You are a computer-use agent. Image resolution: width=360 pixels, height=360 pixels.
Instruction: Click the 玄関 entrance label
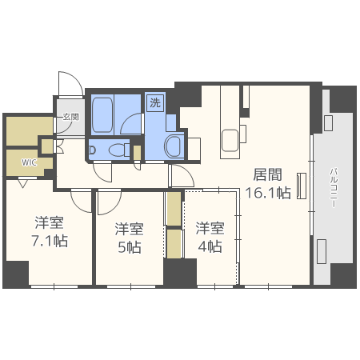point(70,117)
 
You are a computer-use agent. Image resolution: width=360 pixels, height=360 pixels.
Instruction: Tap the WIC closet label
point(29,162)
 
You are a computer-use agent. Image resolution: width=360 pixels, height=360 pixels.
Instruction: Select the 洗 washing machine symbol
point(154,102)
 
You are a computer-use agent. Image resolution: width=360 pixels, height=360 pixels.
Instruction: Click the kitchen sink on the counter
point(230,137)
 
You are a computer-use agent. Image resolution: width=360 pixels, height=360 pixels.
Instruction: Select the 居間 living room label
point(267,174)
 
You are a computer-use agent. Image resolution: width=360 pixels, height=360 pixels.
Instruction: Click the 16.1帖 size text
point(267,193)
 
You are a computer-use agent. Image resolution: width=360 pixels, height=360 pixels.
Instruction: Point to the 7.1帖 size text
point(50,241)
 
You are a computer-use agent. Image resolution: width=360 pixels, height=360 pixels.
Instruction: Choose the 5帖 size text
point(128,246)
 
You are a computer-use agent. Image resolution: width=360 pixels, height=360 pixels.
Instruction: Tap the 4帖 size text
point(209,246)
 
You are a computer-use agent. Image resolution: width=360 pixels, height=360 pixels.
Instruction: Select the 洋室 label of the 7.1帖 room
point(50,222)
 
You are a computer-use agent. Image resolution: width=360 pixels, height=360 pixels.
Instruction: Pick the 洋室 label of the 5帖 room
point(129,227)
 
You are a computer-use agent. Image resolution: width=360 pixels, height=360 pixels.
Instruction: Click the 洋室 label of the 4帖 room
point(210,227)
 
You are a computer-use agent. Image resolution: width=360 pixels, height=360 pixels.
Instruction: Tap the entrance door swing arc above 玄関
point(67,83)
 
